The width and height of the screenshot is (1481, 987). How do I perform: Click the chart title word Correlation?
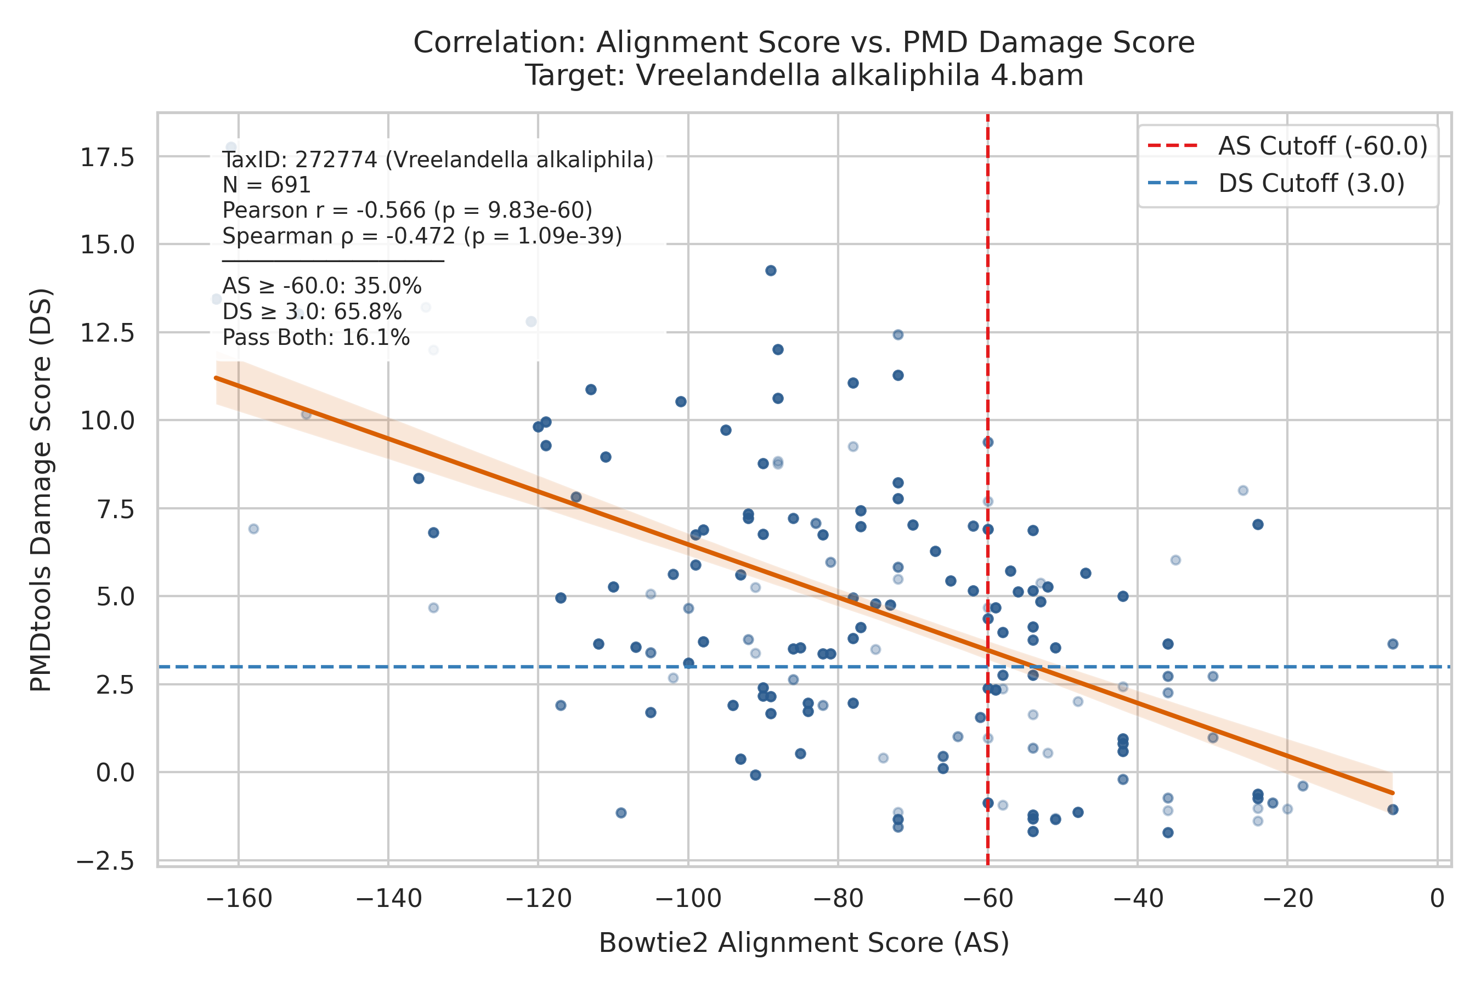[x=499, y=43]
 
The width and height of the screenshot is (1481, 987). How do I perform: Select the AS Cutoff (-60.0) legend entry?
[x=1288, y=145]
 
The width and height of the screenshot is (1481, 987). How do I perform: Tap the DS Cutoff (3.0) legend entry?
[x=1276, y=183]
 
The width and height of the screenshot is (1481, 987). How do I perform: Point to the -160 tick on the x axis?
[x=239, y=898]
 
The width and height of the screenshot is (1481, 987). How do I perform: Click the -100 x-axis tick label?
[x=688, y=898]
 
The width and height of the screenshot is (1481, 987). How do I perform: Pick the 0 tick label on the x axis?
[x=1437, y=898]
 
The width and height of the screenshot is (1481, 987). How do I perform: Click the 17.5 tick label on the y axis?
[x=107, y=157]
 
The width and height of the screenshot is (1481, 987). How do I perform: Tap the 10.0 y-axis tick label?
[x=107, y=421]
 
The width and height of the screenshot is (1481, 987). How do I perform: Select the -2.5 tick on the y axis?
[x=105, y=860]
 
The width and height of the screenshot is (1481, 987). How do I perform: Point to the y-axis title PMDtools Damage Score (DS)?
[x=41, y=490]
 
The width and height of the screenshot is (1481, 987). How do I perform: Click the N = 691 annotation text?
[x=267, y=185]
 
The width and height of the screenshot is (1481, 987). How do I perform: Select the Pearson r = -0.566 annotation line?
[x=408, y=210]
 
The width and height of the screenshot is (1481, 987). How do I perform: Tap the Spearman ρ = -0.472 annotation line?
[x=422, y=236]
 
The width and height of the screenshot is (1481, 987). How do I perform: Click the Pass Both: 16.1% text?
[x=316, y=338]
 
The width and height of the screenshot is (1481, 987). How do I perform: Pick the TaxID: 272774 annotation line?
[x=438, y=160]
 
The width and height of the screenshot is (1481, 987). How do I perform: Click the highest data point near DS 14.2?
[x=771, y=271]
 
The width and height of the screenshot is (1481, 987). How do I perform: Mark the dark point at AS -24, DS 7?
[x=1257, y=524]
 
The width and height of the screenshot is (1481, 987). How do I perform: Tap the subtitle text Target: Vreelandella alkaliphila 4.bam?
[x=804, y=76]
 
